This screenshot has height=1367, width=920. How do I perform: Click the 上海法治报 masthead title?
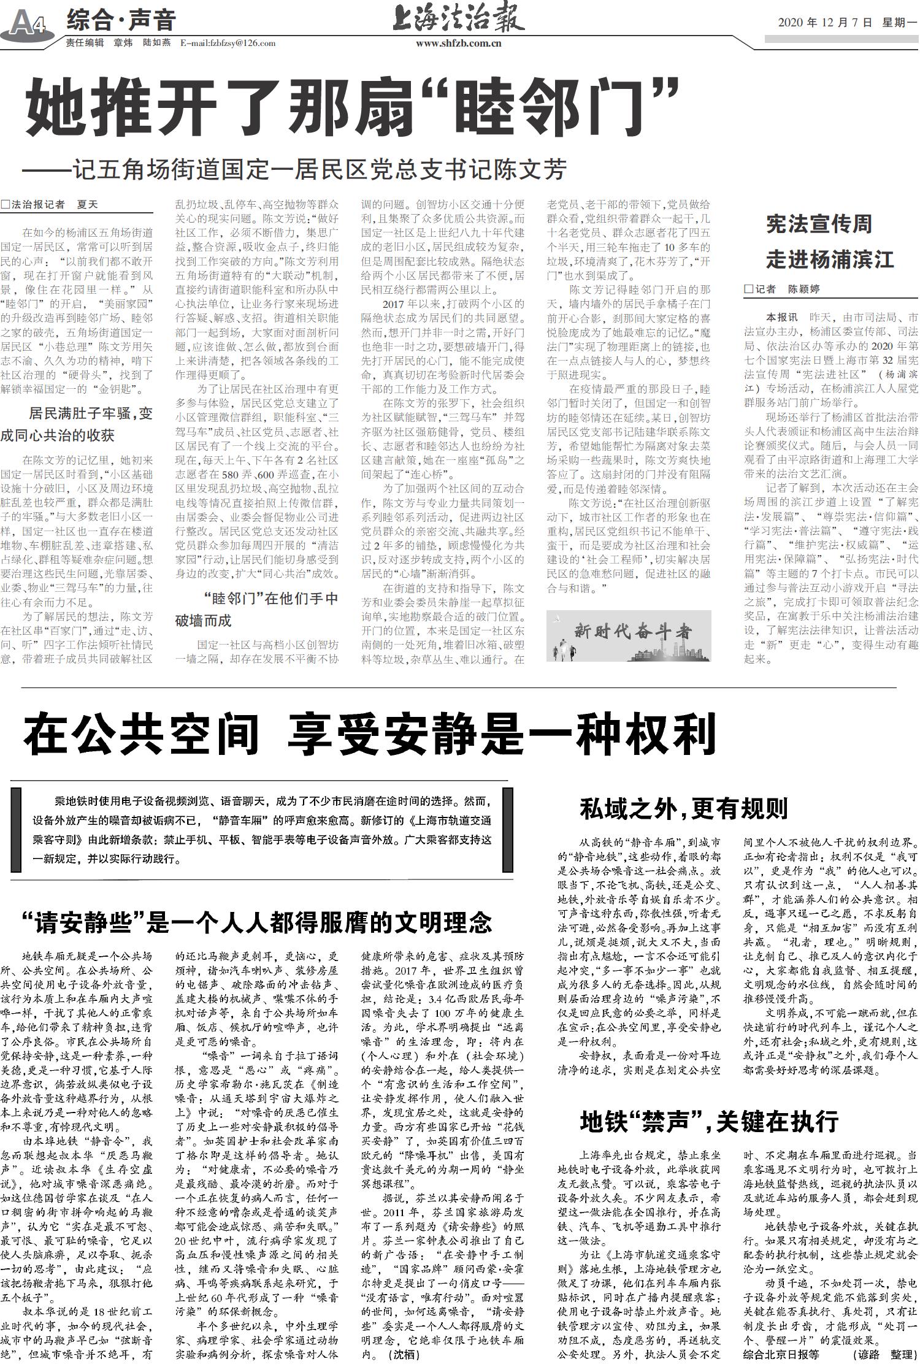tap(458, 18)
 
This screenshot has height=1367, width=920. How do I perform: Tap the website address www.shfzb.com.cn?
tap(458, 43)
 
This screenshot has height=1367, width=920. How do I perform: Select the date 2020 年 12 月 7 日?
tap(824, 23)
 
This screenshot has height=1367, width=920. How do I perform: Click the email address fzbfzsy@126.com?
tap(228, 43)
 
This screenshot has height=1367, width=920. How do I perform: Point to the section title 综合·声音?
tap(121, 20)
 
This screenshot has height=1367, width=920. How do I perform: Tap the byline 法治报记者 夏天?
tap(50, 204)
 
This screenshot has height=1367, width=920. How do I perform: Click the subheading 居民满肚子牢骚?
tap(90, 413)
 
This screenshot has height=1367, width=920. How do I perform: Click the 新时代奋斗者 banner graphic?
tap(629, 635)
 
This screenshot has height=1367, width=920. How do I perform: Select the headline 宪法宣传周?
tap(819, 224)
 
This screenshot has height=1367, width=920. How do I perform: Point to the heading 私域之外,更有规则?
tap(683, 808)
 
